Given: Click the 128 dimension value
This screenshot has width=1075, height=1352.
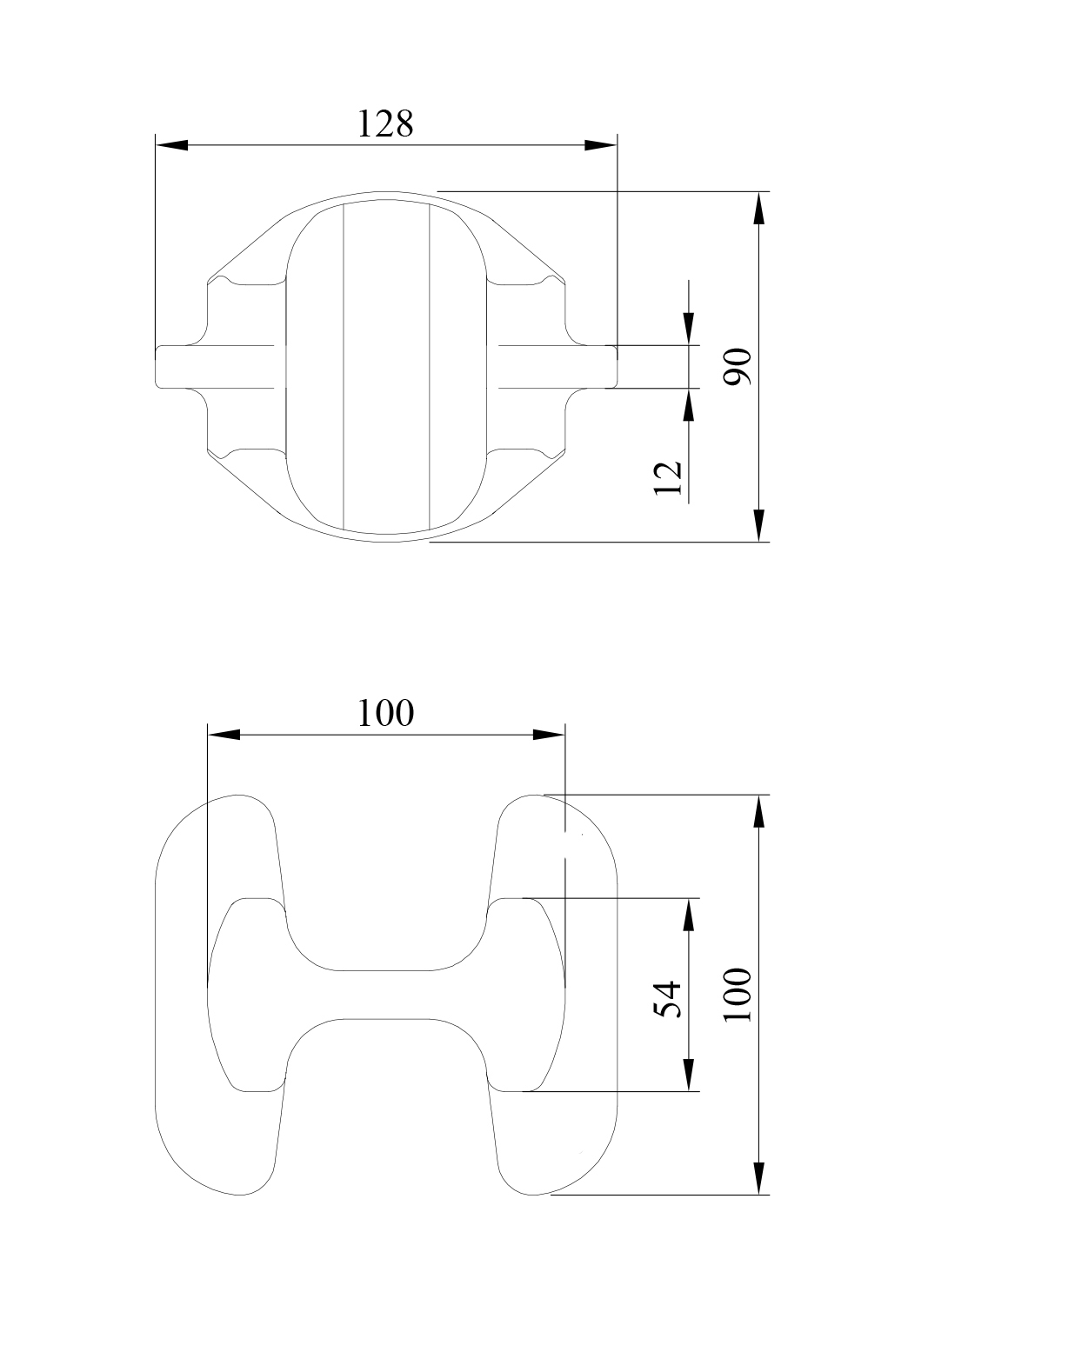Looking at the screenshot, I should pos(385,123).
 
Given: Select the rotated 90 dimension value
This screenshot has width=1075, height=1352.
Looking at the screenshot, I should pos(738,366).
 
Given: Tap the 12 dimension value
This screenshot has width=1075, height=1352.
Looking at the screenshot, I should pos(667,477).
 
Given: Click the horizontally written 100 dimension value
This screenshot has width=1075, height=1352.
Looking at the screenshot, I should pos(385,713).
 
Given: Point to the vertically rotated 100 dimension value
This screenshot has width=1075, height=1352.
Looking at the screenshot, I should pos(738,994).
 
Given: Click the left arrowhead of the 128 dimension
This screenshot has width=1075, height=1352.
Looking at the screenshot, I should pos(171,144).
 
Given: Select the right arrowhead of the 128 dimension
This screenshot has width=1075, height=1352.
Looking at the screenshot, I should pos(600,144).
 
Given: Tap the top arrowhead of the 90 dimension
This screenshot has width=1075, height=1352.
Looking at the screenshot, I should pos(759,208).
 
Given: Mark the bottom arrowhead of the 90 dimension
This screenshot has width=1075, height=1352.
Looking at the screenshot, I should pos(759,525).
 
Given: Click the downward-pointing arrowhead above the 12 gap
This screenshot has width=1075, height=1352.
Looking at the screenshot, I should pos(689,329).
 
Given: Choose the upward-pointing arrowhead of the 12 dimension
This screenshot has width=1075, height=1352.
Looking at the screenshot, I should pos(689,404).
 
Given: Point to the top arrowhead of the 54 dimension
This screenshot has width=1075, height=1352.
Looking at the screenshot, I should pos(689,915).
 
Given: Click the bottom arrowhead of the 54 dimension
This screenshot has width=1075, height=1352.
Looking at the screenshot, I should pos(689,1075).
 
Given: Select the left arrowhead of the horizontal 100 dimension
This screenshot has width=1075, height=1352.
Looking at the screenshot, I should pos(224,735).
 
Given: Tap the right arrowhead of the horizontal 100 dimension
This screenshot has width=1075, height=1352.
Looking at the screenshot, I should pos(548,735).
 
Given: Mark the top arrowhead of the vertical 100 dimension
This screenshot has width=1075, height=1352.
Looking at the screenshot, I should pos(759,811).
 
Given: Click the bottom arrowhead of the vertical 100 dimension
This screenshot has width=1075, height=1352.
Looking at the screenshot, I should pos(759,1178).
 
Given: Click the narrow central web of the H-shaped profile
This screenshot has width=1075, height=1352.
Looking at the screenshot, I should pos(385,995).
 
